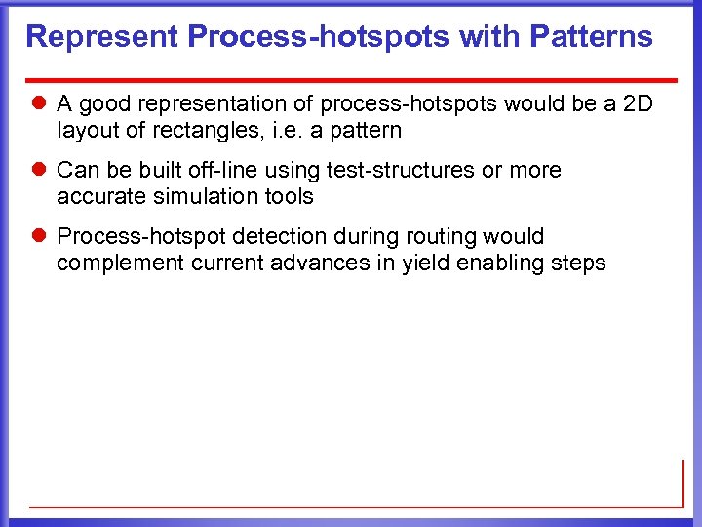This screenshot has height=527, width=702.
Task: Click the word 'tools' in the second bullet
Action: point(289,196)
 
